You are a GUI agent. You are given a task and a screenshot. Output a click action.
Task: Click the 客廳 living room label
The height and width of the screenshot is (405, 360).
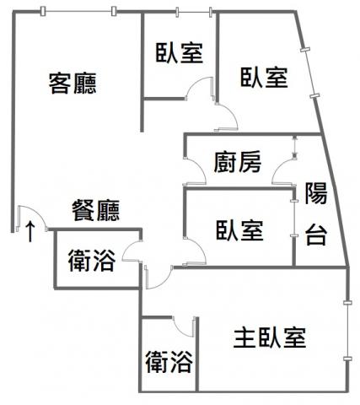click(73, 84)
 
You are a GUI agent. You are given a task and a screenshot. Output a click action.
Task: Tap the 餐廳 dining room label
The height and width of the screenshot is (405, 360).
click(96, 210)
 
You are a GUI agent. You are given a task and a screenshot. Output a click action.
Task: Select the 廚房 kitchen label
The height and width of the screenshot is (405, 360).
click(238, 162)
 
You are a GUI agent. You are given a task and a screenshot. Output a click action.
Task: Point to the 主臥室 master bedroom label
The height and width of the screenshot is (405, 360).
click(270, 337)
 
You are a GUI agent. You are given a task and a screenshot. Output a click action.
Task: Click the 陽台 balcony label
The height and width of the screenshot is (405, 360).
click(316, 213)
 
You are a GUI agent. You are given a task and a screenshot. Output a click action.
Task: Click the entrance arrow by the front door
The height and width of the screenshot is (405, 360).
click(30, 231)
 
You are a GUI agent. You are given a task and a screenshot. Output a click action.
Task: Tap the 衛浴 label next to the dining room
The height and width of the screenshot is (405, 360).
click(92, 261)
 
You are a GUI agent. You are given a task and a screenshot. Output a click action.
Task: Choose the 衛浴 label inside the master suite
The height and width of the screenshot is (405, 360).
click(169, 362)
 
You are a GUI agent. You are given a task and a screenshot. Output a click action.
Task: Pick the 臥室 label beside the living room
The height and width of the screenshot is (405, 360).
click(180, 53)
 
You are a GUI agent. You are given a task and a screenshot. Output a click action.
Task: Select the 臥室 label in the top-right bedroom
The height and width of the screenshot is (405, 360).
click(264, 78)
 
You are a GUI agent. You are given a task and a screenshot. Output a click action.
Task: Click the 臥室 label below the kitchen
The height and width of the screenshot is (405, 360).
click(239, 230)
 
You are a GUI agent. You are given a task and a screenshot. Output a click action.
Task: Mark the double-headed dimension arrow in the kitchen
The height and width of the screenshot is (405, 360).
click(294, 146)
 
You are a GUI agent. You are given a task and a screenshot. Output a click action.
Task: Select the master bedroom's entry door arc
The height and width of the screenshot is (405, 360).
click(162, 283)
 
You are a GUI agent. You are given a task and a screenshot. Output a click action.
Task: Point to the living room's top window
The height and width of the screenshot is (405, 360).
click(78, 11)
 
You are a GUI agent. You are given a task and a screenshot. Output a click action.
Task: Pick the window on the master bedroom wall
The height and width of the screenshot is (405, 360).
click(348, 331)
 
